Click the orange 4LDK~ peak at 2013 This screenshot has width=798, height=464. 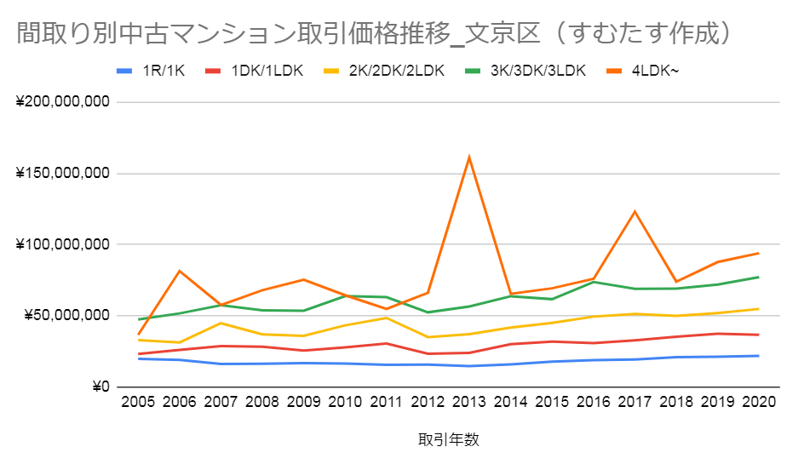pos(469,157)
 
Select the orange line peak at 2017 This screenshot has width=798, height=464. pos(634,211)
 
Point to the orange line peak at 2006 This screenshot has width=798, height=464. pos(180,271)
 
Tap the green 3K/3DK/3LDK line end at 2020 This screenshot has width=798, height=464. pos(758,277)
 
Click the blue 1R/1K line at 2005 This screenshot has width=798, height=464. pos(139,358)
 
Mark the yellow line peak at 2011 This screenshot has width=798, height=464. pos(387,318)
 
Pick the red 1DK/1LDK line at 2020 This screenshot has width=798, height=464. pos(758,335)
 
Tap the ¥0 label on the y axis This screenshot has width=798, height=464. pos(100,387)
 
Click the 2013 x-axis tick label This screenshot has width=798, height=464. pos(469,403)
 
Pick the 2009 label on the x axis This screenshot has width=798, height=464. pos(304,403)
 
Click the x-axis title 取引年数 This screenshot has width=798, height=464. pos(449,440)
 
